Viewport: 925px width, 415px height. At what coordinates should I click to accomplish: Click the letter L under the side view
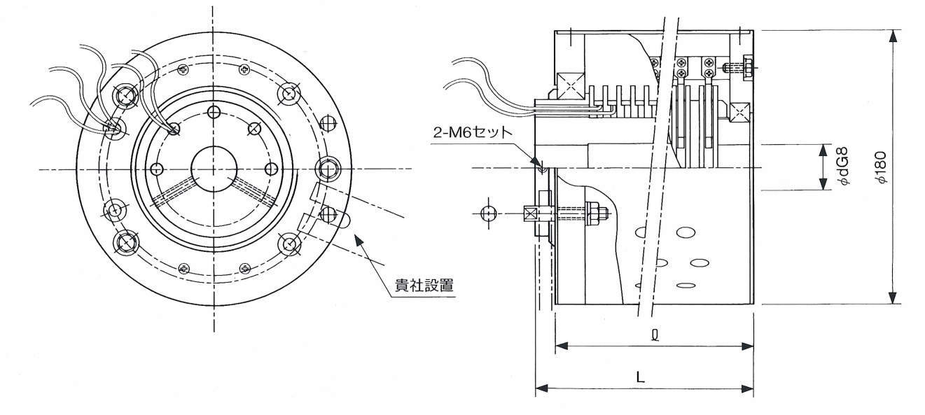coord(640,377)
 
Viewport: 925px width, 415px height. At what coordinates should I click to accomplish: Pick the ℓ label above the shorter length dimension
coord(654,335)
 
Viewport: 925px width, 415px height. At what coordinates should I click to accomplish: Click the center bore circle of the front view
coord(212,169)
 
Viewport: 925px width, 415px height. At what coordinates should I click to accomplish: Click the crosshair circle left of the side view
coord(489,212)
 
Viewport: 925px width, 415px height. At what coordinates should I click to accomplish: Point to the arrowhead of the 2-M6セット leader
coord(541,167)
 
